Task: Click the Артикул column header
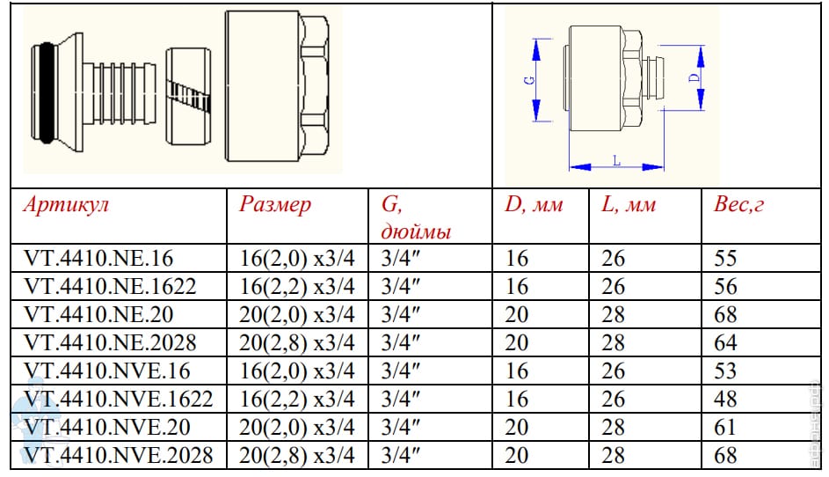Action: tap(66, 204)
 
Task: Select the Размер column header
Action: tap(275, 205)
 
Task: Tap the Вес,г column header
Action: tap(738, 204)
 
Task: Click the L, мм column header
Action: tap(629, 204)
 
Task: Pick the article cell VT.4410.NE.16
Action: tap(98, 259)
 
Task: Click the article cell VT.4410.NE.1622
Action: tap(110, 286)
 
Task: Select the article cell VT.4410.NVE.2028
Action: tap(119, 455)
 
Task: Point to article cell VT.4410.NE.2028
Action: tap(110, 342)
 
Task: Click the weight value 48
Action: tap(725, 400)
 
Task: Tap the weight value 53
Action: tap(725, 371)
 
